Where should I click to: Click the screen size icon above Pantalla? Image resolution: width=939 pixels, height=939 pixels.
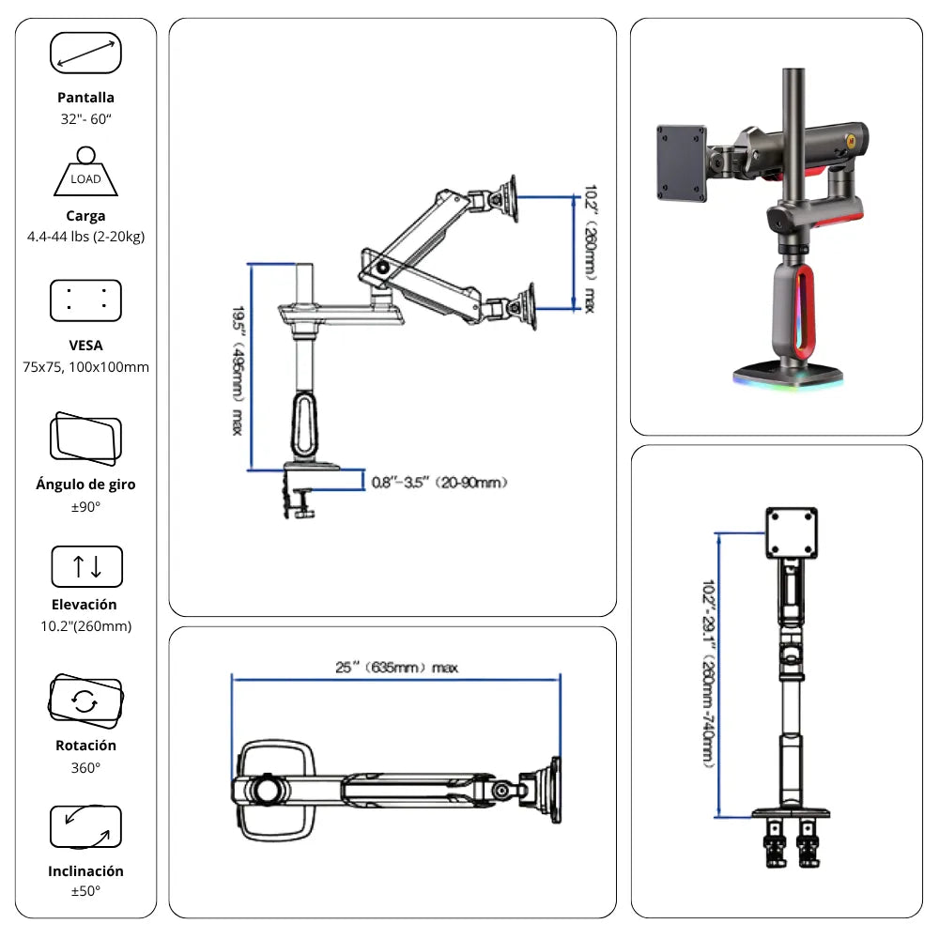click(x=85, y=53)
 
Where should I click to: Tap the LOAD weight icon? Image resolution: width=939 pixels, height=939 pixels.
click(x=85, y=172)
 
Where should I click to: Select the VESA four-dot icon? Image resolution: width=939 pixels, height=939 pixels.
click(x=85, y=300)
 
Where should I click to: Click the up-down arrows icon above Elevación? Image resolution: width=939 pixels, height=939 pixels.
click(x=86, y=567)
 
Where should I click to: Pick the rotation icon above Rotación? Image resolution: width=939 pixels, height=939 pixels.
click(x=85, y=700)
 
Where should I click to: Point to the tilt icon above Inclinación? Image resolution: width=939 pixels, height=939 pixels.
click(x=85, y=827)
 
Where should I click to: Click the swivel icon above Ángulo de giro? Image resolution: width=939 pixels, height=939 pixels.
click(x=85, y=438)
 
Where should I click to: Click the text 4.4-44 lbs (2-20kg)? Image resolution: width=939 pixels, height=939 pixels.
click(x=85, y=237)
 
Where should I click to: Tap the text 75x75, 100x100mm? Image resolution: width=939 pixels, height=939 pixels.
click(x=85, y=367)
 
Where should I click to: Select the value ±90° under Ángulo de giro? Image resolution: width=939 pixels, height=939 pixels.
click(x=85, y=507)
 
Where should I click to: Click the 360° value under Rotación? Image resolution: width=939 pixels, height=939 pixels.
click(x=85, y=767)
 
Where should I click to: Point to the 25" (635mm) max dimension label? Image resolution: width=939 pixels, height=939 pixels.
click(x=397, y=668)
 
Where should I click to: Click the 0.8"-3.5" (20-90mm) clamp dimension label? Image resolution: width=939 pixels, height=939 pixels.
click(x=439, y=483)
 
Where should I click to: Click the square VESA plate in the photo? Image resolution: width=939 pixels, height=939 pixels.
click(x=682, y=163)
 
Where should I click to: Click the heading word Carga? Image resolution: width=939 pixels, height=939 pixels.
click(x=85, y=216)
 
